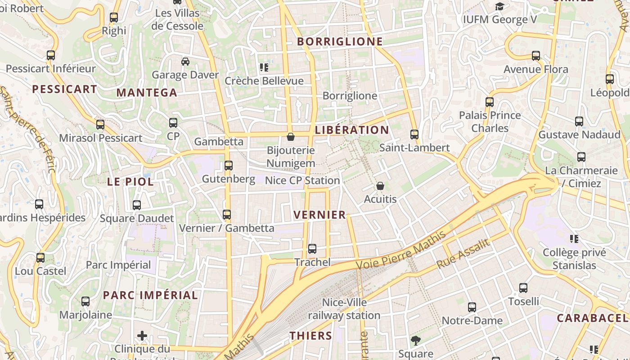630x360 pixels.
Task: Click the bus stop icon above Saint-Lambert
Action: (414, 134)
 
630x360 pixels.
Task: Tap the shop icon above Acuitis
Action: (380, 185)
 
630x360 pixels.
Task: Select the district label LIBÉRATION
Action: (352, 130)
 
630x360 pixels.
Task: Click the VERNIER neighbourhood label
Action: (319, 215)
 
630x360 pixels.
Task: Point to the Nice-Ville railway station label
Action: (344, 309)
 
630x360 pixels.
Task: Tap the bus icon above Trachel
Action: (312, 248)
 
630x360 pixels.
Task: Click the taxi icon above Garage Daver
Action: (185, 61)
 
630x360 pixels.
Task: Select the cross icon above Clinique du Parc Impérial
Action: (142, 335)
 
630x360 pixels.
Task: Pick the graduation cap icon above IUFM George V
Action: (499, 6)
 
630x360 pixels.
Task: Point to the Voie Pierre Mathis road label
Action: (401, 250)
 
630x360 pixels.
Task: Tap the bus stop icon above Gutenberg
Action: (229, 166)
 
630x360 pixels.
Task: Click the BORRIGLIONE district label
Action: (340, 42)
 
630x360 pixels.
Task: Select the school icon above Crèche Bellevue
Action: (264, 67)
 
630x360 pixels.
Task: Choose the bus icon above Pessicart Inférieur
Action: (51, 55)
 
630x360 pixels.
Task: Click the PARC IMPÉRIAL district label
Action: (150, 295)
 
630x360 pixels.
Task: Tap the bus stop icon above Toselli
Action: (523, 288)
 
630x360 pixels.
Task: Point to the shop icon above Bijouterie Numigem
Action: (291, 136)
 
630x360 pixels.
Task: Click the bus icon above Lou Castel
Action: (40, 258)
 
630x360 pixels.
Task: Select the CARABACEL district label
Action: (592, 318)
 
